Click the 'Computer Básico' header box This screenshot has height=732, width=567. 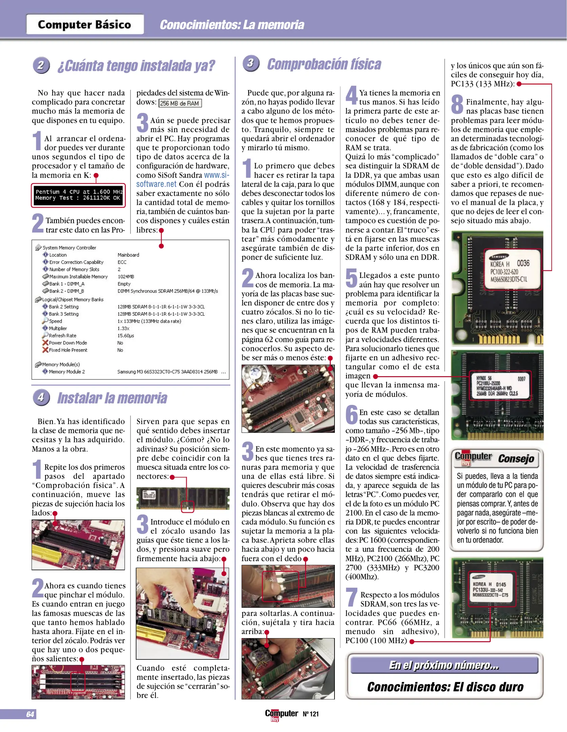[85, 24]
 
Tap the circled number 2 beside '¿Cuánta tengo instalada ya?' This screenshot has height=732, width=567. [41, 65]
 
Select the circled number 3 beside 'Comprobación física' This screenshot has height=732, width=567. [251, 63]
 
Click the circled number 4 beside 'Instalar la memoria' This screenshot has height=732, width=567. [41, 397]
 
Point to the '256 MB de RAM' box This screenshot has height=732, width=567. [180, 103]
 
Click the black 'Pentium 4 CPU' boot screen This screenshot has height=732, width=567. [78, 195]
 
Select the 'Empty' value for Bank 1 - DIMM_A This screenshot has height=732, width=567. [124, 284]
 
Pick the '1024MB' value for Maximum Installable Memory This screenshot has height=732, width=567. [126, 277]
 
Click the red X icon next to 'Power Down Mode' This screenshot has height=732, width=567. [45, 343]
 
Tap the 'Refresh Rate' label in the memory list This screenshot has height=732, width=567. [62, 335]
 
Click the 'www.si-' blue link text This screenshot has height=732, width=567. [217, 175]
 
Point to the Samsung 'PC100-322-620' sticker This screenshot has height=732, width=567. [504, 272]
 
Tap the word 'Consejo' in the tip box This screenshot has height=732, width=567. [516, 459]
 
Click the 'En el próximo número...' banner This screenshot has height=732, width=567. [444, 665]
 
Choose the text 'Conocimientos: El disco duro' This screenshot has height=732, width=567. [445, 687]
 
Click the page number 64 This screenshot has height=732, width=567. [30, 714]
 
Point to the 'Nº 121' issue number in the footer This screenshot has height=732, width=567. [310, 714]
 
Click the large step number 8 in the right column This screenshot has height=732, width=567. [457, 104]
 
